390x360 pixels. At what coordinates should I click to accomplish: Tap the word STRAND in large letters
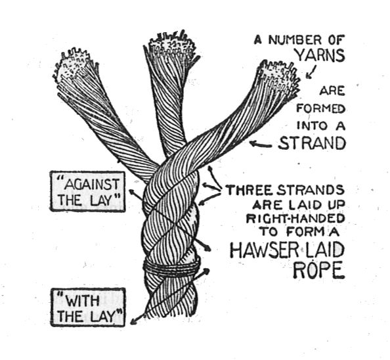[312, 144]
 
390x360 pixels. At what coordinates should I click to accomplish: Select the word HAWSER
[263, 250]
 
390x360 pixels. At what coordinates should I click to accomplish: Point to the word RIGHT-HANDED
[295, 219]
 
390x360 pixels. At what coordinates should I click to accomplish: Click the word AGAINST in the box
[91, 185]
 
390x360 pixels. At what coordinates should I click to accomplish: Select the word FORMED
[321, 108]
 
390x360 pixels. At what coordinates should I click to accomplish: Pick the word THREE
[251, 191]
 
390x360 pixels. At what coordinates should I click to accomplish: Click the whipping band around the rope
[171, 267]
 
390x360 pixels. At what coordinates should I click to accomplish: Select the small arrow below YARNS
[311, 72]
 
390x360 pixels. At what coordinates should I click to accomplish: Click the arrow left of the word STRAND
[261, 144]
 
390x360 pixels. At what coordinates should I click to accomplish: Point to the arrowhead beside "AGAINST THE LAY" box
[132, 191]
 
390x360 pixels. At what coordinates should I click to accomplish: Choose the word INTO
[312, 125]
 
